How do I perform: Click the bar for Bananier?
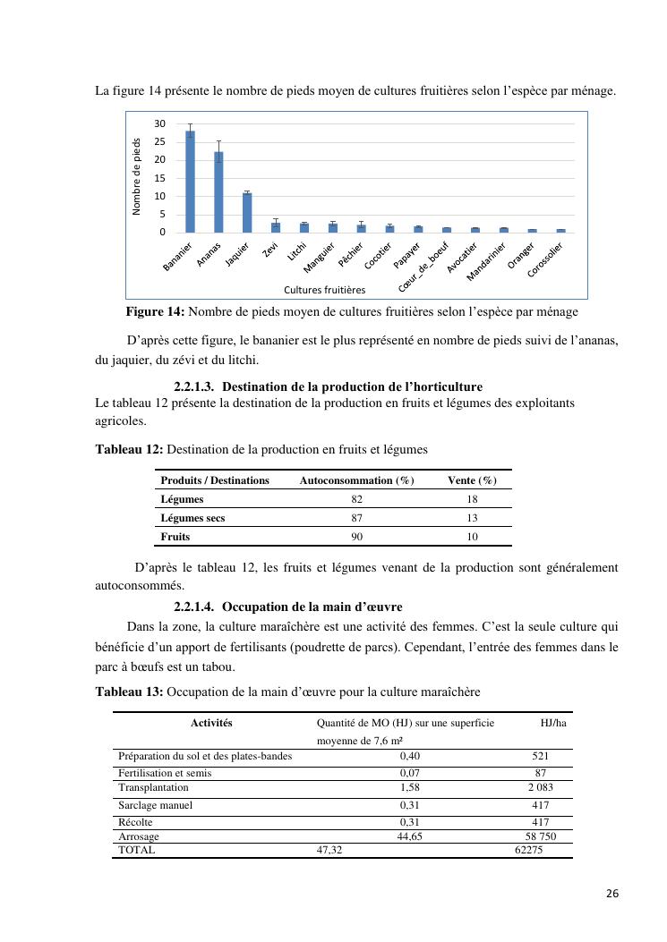pyautogui.click(x=190, y=182)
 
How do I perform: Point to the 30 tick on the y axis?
pyautogui.click(x=159, y=123)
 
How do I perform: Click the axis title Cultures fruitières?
pyautogui.click(x=324, y=290)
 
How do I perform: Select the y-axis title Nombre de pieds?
pyautogui.click(x=137, y=176)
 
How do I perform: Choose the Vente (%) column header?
pyautogui.click(x=472, y=480)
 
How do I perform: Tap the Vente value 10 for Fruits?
pyautogui.click(x=472, y=537)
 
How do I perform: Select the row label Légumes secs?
pyautogui.click(x=192, y=518)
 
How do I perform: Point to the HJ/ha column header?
pyautogui.click(x=553, y=722)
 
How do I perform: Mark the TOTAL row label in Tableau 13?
pyautogui.click(x=137, y=850)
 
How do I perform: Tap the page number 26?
pyautogui.click(x=611, y=894)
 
